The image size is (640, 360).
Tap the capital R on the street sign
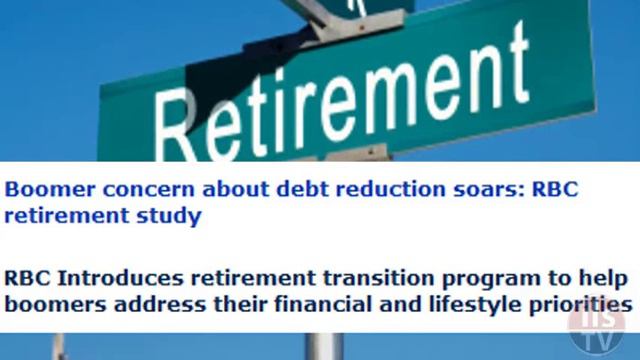pos(185,126)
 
